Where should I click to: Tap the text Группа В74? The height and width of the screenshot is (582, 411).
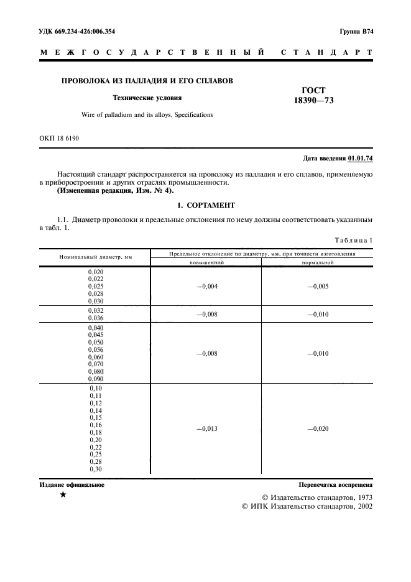point(356,30)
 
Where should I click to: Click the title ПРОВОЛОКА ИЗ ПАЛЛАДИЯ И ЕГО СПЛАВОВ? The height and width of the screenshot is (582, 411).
point(147,80)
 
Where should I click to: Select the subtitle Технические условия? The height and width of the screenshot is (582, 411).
point(147,98)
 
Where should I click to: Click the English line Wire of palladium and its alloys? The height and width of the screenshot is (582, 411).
point(147,115)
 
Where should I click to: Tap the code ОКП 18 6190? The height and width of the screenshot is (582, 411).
point(60,138)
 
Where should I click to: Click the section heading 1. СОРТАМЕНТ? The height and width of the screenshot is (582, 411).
point(205,205)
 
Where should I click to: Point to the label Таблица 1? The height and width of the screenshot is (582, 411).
point(353,240)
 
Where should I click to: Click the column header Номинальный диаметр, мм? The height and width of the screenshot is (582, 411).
point(95,257)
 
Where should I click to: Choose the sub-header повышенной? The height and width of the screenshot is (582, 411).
point(206,262)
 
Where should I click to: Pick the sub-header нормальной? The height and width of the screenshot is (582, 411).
point(317,262)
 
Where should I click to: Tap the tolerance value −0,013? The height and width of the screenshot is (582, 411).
point(207,429)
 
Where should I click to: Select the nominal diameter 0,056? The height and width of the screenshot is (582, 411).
point(96,350)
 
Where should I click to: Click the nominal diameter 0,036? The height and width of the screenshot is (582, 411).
point(96,318)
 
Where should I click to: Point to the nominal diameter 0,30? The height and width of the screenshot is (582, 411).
point(96,469)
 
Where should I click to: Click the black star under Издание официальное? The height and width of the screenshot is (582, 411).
point(62,496)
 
